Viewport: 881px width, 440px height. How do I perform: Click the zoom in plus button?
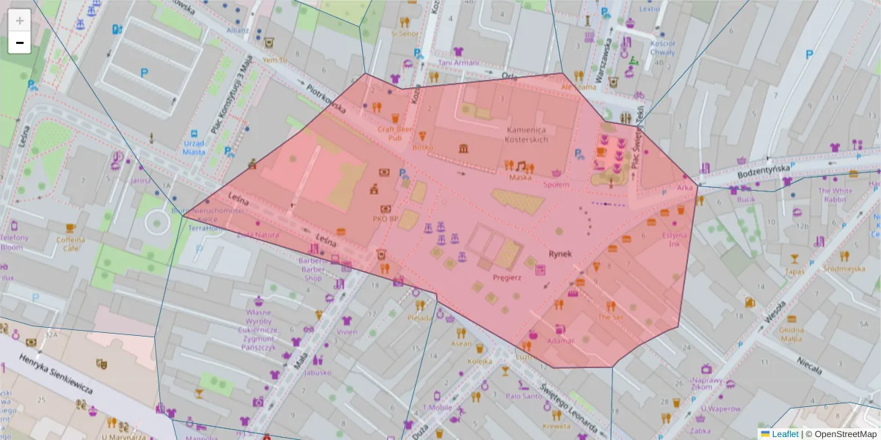[20, 21]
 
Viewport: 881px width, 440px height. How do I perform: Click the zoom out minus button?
[20, 43]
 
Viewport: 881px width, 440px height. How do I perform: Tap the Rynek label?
[559, 254]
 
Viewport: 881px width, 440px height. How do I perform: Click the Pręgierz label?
[507, 277]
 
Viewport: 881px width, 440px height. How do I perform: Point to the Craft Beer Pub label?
[394, 133]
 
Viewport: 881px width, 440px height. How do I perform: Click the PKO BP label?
[385, 218]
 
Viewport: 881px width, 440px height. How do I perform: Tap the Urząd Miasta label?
[194, 147]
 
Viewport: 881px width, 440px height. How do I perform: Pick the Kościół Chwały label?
[662, 48]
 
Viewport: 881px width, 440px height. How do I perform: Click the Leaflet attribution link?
[784, 434]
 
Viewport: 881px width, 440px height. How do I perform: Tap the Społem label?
[556, 185]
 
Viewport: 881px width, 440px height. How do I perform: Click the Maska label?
[520, 177]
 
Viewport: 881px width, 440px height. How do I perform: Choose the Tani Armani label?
[457, 63]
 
